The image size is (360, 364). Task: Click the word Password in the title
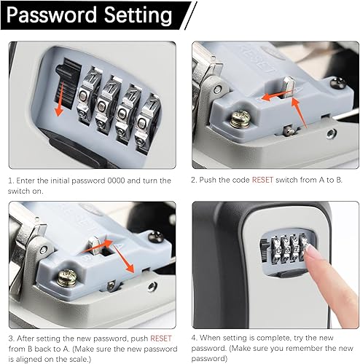click(x=52, y=15)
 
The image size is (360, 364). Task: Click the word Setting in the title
click(x=138, y=16)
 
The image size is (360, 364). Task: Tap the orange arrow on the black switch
click(x=60, y=99)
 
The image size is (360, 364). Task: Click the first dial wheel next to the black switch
click(x=88, y=95)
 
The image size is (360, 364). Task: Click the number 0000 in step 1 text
click(x=116, y=181)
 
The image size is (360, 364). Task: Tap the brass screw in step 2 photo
click(x=240, y=119)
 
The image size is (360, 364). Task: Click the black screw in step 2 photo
click(x=338, y=83)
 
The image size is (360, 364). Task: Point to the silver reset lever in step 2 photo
click(x=289, y=87)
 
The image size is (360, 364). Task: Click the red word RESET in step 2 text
click(x=262, y=180)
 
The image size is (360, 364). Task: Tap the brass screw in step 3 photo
click(x=67, y=277)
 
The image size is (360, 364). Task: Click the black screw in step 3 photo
click(x=156, y=237)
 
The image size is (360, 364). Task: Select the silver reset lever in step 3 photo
click(x=94, y=245)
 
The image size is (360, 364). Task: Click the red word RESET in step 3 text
click(x=161, y=339)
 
